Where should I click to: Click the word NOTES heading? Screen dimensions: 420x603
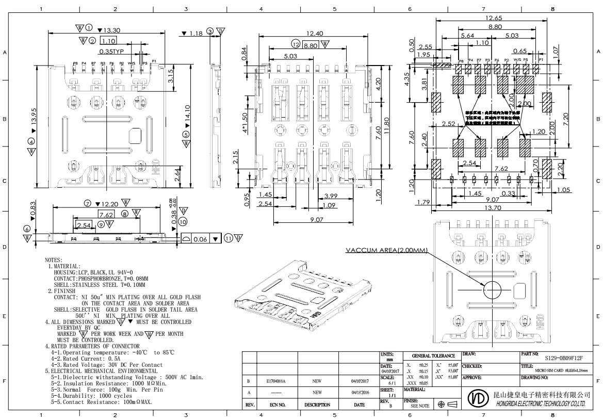tap(54, 259)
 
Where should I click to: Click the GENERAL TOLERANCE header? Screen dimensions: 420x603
tap(432, 356)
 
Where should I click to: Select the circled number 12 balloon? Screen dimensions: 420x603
tap(296, 44)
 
